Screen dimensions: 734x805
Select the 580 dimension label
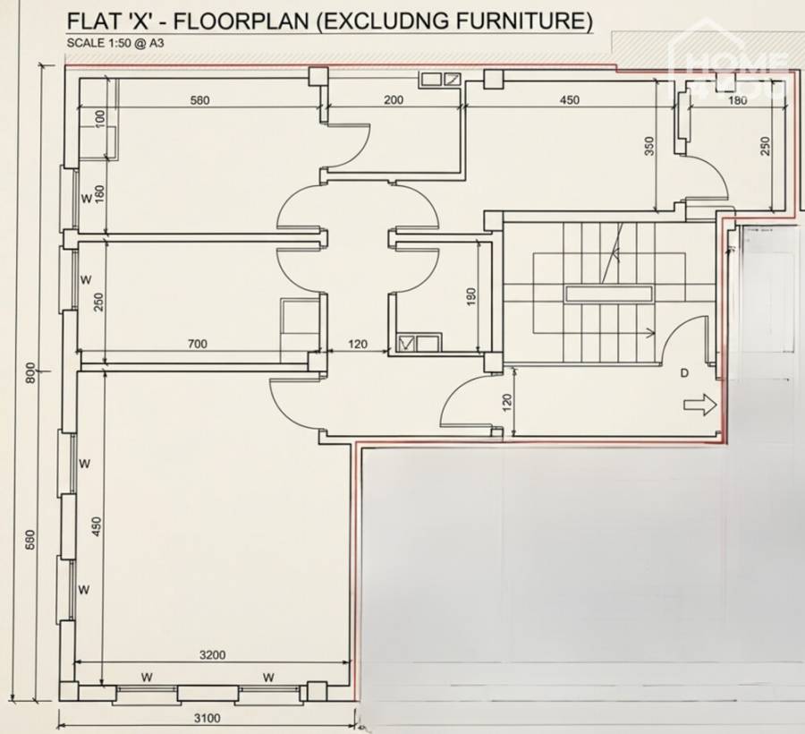(199, 100)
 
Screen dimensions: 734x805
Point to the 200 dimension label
(394, 100)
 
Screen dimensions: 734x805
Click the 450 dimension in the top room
(570, 100)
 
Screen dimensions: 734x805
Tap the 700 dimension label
(199, 343)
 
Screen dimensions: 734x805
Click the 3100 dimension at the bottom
(208, 717)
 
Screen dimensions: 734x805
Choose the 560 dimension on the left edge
(30, 540)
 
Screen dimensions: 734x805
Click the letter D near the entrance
(684, 372)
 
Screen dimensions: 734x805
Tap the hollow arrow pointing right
(699, 406)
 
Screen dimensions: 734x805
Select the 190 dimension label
(472, 294)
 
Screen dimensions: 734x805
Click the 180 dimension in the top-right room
(737, 100)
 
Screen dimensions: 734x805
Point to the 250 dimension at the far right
(765, 147)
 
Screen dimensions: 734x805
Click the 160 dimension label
(99, 194)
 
